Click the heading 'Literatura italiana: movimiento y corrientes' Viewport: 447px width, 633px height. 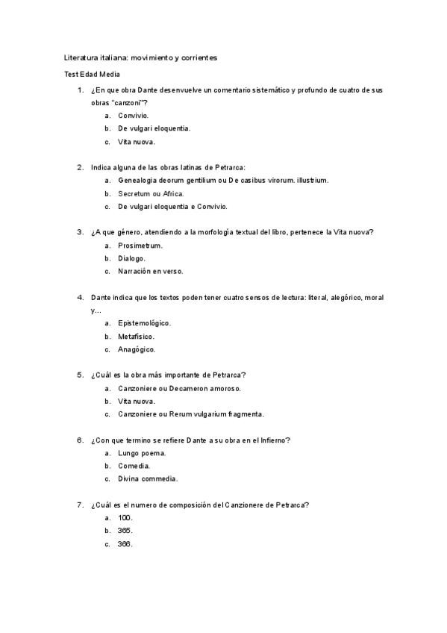pyautogui.click(x=140, y=57)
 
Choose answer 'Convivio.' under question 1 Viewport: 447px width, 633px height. pyautogui.click(x=133, y=116)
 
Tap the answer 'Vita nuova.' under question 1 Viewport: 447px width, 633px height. pyautogui.click(x=137, y=141)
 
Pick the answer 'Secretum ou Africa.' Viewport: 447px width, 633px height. pyautogui.click(x=151, y=193)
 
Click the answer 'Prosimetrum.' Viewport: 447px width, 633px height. pyautogui.click(x=140, y=245)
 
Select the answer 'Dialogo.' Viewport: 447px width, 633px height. pyautogui.click(x=132, y=258)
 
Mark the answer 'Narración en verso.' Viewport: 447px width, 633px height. pyautogui.click(x=151, y=271)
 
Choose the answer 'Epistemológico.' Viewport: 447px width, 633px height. pyautogui.click(x=145, y=323)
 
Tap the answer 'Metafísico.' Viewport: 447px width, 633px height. pyautogui.click(x=137, y=337)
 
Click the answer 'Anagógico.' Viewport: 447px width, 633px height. pyautogui.click(x=137, y=349)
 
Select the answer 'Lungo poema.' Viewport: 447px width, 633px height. pyautogui.click(x=142, y=453)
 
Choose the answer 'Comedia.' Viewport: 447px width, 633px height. pyautogui.click(x=134, y=466)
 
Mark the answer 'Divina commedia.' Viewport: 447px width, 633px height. pyautogui.click(x=148, y=478)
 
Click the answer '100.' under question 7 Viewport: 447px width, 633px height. pyautogui.click(x=125, y=517)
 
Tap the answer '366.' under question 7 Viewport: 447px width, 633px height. pyautogui.click(x=125, y=543)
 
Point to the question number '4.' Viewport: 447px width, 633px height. pyautogui.click(x=80, y=297)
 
